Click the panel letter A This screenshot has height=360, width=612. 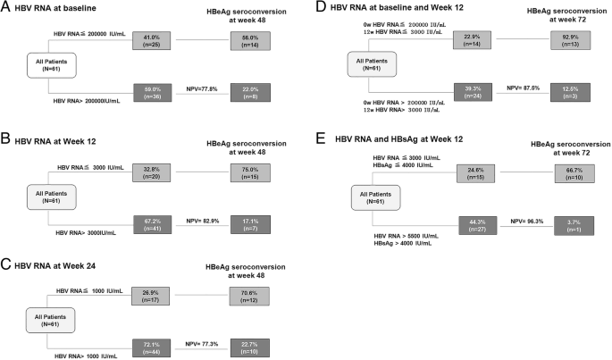coord(7,8)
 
